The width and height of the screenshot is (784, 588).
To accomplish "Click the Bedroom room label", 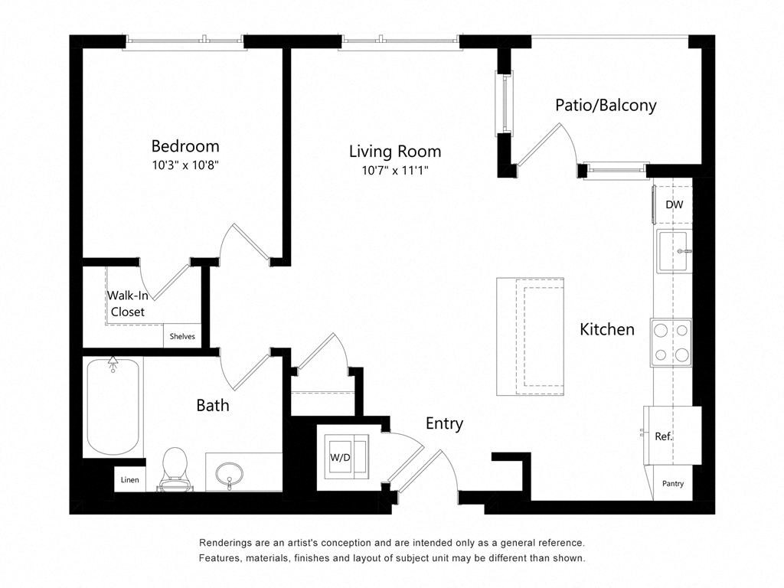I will pyautogui.click(x=185, y=145).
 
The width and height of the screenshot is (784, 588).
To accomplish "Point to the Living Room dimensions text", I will pyautogui.click(x=394, y=170).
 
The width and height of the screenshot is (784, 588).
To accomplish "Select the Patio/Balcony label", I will pyautogui.click(x=606, y=105).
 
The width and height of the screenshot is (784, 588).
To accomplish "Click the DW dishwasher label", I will pyautogui.click(x=674, y=204).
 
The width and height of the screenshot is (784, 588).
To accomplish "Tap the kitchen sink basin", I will pyautogui.click(x=674, y=250).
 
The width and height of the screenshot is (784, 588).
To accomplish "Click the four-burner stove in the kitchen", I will pyautogui.click(x=671, y=341).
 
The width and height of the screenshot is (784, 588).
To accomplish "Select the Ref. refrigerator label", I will pyautogui.click(x=663, y=436).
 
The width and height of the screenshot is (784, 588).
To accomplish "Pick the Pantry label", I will pyautogui.click(x=673, y=483).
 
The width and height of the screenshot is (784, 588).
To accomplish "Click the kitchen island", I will pyautogui.click(x=531, y=337).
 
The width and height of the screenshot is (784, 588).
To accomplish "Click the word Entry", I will pyautogui.click(x=444, y=423).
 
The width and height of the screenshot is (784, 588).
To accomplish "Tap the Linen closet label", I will pyautogui.click(x=129, y=480).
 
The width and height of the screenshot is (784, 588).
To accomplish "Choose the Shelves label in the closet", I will pyautogui.click(x=182, y=336).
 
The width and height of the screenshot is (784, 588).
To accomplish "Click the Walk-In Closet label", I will pyautogui.click(x=127, y=303).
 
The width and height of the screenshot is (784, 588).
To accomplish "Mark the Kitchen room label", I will pyautogui.click(x=606, y=329).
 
